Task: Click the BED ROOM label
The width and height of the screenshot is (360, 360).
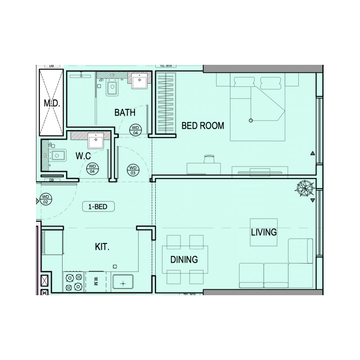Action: coord(202,126)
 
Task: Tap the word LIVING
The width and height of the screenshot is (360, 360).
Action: coord(264,232)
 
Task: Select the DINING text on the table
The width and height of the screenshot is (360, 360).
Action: coord(184,260)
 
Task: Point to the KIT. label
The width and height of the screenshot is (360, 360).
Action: coord(102,247)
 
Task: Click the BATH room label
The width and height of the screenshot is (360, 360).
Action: coord(125,112)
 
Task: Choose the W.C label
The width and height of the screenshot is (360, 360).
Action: coord(83,156)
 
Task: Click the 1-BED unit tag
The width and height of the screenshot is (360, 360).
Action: coord(98,207)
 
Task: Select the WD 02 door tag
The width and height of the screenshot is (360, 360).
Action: coord(45,199)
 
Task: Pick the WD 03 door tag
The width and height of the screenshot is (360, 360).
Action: coord(133,170)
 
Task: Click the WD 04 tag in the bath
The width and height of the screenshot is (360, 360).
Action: coord(135,130)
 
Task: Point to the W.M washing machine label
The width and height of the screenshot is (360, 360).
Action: coord(96,282)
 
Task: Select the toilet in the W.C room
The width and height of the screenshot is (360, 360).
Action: coord(57,155)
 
